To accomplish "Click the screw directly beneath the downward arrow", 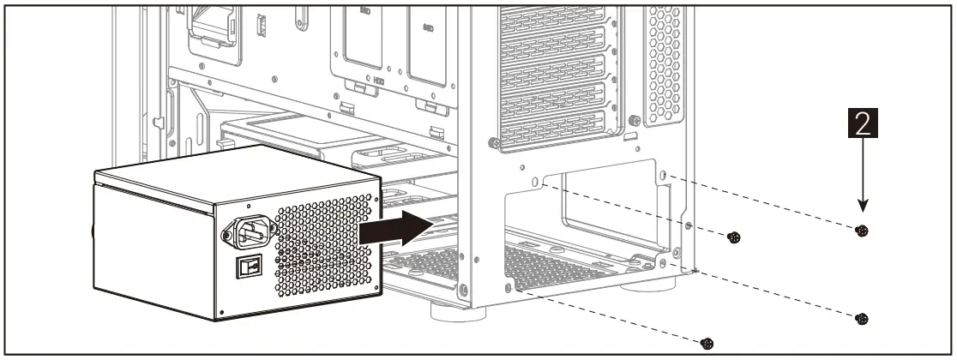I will coord(862,231).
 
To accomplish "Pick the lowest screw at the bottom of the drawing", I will coord(707,343).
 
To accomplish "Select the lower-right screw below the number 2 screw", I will coord(862,319).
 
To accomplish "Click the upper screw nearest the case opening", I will coord(733,237).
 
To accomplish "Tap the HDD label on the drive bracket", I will coord(379,82).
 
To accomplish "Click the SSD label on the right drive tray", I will coord(428,27).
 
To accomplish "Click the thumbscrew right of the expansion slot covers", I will coord(634,121).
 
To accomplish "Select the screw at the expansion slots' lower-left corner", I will coord(492,142).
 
